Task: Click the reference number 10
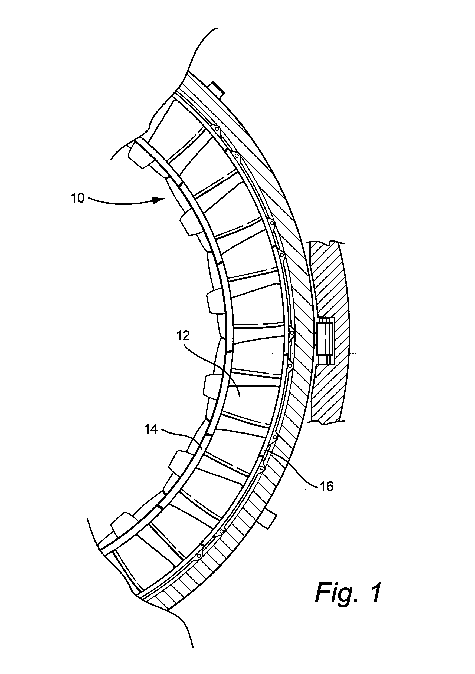pos(78,199)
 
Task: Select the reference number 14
pos(151,429)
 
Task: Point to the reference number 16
pos(326,486)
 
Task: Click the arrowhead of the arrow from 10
pos(160,200)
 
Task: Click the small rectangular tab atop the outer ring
pos(218,89)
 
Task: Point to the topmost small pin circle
pos(217,128)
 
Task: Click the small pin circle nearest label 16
pos(274,437)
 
